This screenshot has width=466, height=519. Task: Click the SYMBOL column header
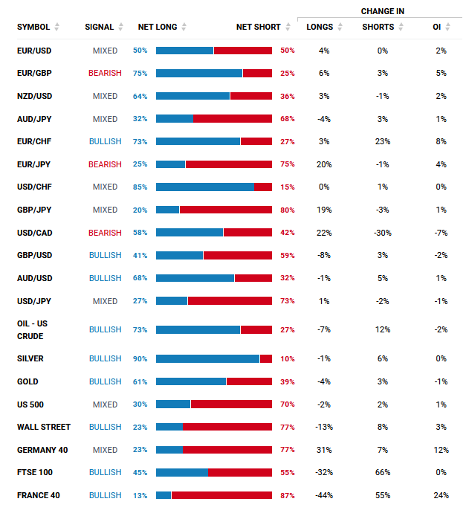click(33, 27)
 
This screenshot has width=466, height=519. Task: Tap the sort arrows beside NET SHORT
click(288, 27)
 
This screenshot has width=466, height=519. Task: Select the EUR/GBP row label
click(33, 73)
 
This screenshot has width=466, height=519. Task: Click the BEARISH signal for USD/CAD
click(105, 233)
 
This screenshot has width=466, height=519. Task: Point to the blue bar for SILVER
click(207, 358)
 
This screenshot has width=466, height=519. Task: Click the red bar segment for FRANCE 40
click(221, 495)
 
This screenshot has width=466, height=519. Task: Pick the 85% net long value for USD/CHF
click(140, 187)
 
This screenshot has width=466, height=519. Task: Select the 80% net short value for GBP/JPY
click(288, 210)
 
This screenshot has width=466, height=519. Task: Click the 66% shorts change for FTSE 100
click(383, 472)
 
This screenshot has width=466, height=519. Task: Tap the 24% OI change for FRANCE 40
click(441, 495)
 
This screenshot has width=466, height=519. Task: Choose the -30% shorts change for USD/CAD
click(383, 233)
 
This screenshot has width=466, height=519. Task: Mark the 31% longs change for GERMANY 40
click(324, 450)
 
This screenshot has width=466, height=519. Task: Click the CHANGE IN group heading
click(383, 11)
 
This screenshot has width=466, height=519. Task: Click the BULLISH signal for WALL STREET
click(105, 427)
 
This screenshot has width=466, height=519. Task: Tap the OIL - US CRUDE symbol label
click(33, 329)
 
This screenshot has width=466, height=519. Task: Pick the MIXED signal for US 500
click(105, 404)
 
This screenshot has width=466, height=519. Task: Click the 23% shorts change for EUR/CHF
click(383, 141)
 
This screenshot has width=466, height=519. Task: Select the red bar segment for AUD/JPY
click(233, 118)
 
